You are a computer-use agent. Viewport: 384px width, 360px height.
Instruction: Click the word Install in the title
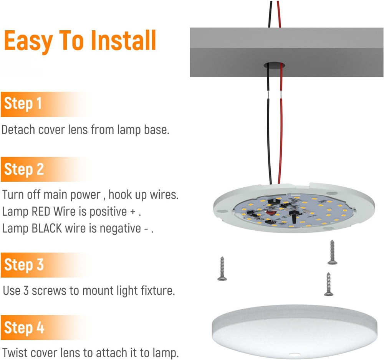click(x=123, y=40)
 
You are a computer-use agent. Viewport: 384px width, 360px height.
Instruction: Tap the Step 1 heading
click(x=23, y=103)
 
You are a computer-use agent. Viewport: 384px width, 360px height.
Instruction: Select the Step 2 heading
click(x=24, y=169)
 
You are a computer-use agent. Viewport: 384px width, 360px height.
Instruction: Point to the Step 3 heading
click(x=24, y=264)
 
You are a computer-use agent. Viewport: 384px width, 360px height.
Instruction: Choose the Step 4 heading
click(x=24, y=327)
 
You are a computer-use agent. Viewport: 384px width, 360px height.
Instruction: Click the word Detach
click(x=18, y=129)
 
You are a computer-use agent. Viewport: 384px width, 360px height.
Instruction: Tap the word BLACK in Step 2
click(x=47, y=228)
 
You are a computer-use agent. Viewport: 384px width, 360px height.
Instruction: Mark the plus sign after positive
click(x=133, y=212)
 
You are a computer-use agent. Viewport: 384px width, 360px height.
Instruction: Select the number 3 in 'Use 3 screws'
click(x=26, y=291)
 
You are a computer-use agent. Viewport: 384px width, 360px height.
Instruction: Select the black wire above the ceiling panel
click(x=270, y=14)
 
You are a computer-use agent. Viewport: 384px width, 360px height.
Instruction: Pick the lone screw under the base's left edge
click(x=222, y=269)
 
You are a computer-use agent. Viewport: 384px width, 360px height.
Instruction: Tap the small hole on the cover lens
click(x=294, y=355)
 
